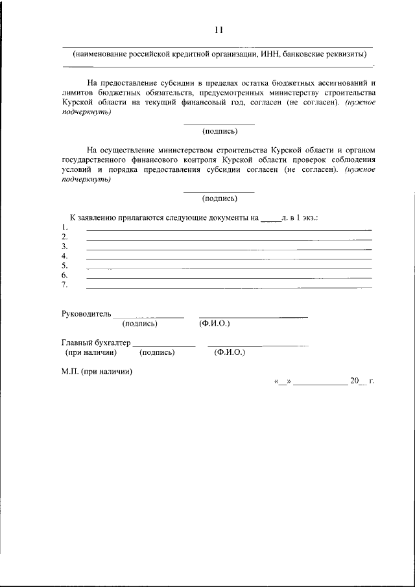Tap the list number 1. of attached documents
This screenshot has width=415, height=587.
(x=65, y=228)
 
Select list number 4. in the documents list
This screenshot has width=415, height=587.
(x=65, y=256)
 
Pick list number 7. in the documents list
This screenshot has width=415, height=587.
(x=65, y=285)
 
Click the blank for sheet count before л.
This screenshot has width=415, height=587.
(x=270, y=219)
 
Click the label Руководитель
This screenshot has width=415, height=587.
(x=86, y=313)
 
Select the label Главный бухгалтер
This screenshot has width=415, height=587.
(x=96, y=342)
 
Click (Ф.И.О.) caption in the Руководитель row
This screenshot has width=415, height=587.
(x=215, y=323)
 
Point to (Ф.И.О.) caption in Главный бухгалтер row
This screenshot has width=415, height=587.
(x=229, y=352)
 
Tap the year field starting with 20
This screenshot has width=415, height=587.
(x=358, y=381)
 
